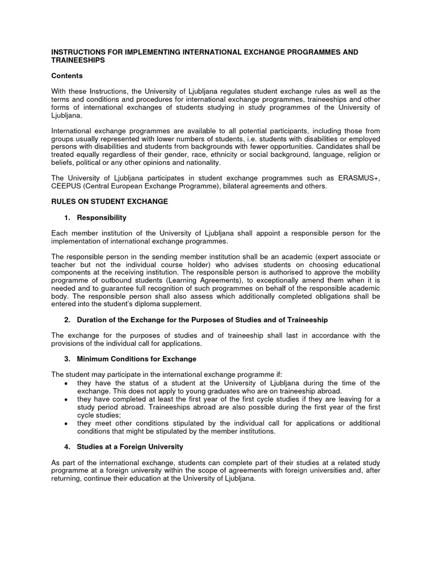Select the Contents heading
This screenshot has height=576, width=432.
(67, 75)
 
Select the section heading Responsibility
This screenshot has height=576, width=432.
(102, 217)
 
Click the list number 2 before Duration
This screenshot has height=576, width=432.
(66, 319)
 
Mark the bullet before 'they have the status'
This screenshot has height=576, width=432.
(67, 383)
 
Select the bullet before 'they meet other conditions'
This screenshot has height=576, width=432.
(67, 422)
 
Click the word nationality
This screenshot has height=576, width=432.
(202, 162)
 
